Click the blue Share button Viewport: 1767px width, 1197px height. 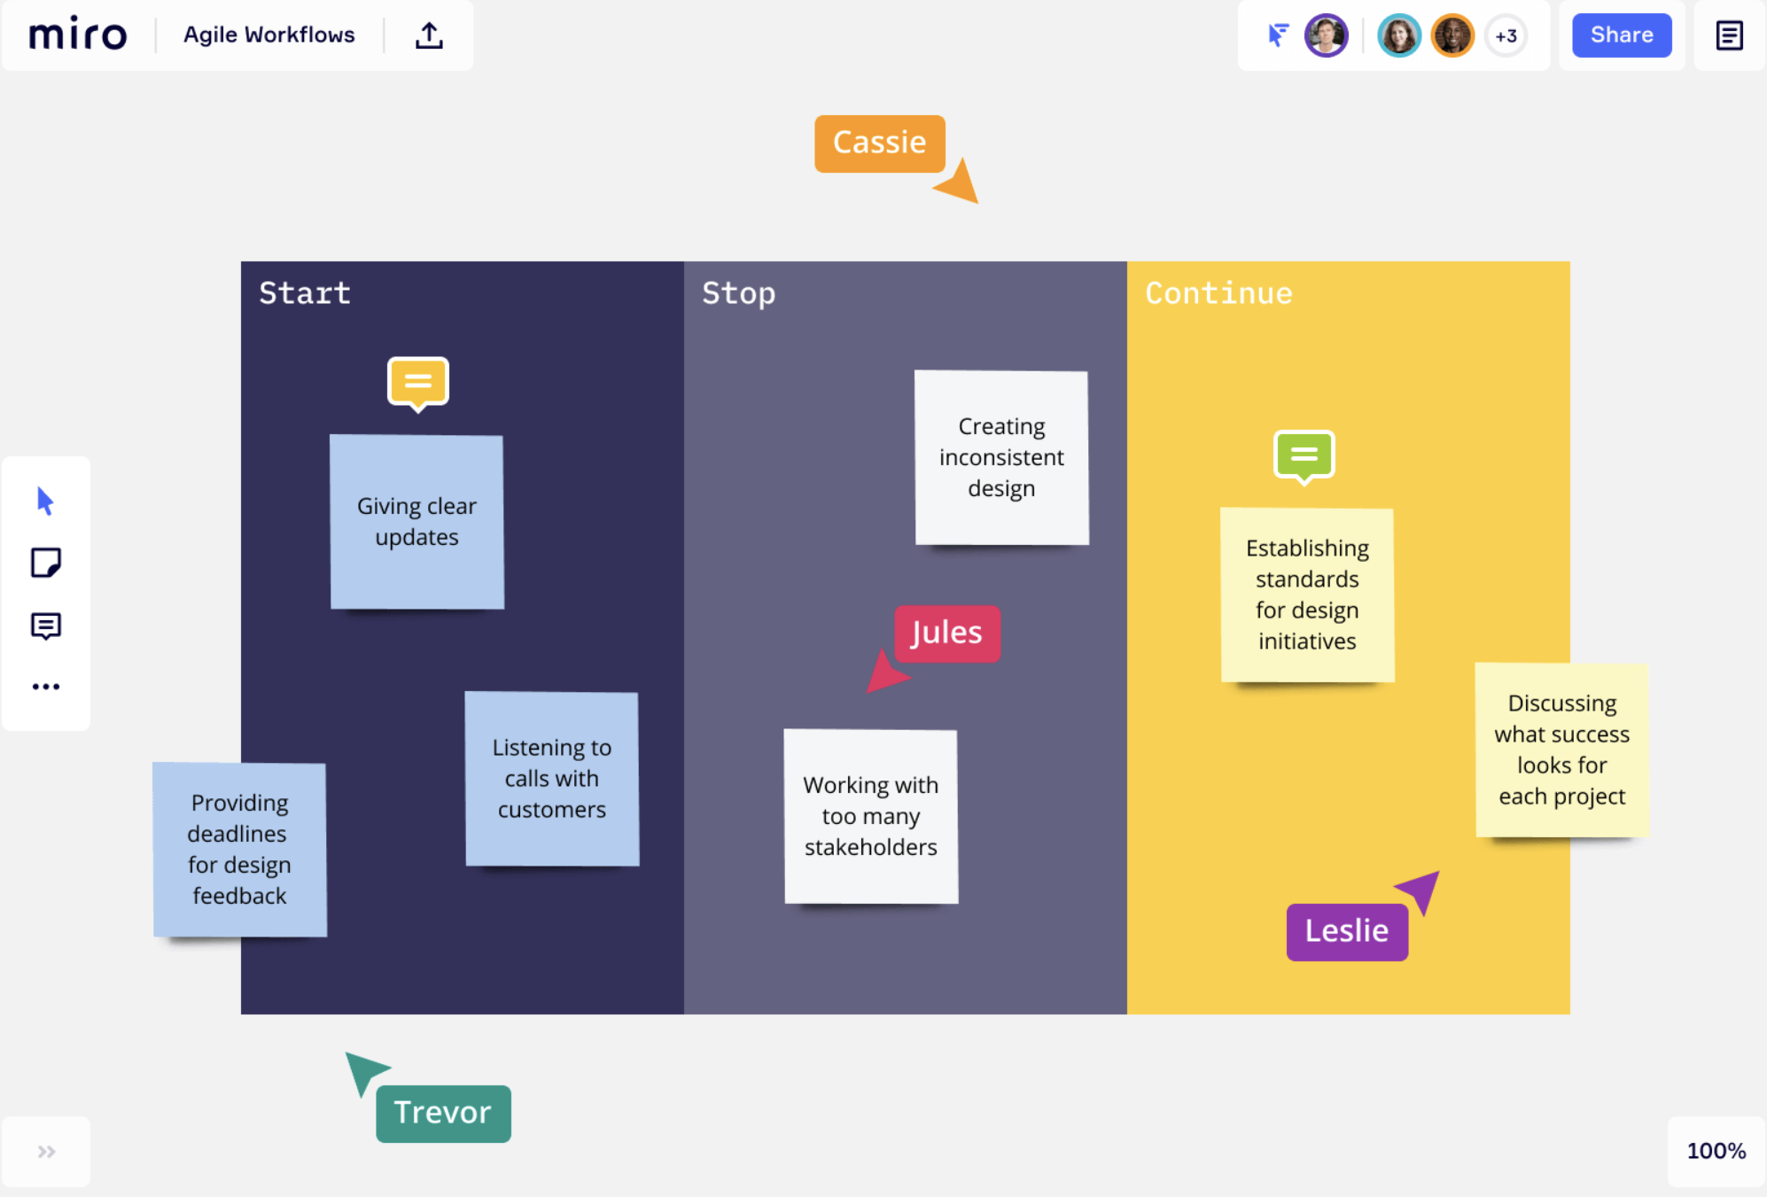(1622, 35)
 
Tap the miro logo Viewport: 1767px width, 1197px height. (78, 34)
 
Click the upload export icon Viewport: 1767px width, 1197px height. (429, 35)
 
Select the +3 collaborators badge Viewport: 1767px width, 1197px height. (1506, 36)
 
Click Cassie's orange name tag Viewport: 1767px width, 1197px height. (880, 144)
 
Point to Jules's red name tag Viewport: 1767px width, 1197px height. (946, 633)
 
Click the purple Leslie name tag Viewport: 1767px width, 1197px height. (1347, 931)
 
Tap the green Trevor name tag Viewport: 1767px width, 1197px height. (443, 1114)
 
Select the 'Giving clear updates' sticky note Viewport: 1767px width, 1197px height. (416, 522)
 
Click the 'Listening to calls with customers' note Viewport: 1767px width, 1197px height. (552, 779)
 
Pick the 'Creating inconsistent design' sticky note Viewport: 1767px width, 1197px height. (1001, 457)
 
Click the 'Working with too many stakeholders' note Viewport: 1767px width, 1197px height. (871, 816)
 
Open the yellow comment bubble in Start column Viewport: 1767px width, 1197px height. (418, 384)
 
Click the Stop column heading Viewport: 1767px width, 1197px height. (738, 293)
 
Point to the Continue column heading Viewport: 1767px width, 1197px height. (1218, 293)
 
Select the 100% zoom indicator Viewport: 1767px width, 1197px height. (1716, 1151)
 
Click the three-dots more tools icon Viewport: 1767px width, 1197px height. (46, 687)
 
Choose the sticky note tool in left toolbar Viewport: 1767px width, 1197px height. (46, 563)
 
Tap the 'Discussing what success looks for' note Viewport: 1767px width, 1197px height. (1561, 750)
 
